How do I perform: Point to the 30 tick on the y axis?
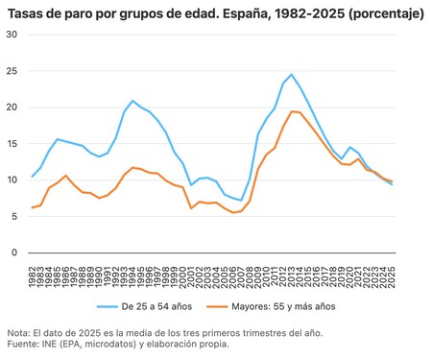coord(12,35)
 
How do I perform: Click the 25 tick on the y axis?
coord(12,71)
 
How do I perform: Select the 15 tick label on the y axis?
coord(12,144)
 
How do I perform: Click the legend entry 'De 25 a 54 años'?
coord(158,307)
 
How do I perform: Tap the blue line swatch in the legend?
coord(108,307)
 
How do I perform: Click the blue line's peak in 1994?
coord(133,101)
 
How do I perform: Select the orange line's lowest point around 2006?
coord(233,212)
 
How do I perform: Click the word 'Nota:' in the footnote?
coord(18,332)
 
